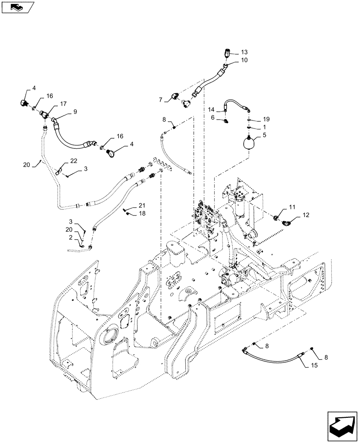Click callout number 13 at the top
(x=244, y=52)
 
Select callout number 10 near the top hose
(x=244, y=60)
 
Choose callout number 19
(x=266, y=119)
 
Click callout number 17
(x=64, y=104)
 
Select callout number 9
(x=75, y=112)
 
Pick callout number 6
(x=213, y=117)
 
